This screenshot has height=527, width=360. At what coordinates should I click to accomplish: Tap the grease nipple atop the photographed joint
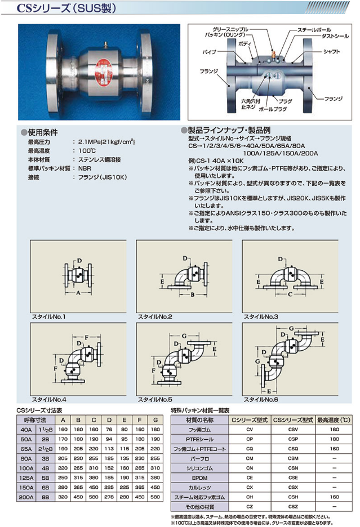pos(105,43)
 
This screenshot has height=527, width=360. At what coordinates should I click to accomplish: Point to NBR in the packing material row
pos(85,168)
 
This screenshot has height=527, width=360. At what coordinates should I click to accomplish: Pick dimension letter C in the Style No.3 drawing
pos(290,294)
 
